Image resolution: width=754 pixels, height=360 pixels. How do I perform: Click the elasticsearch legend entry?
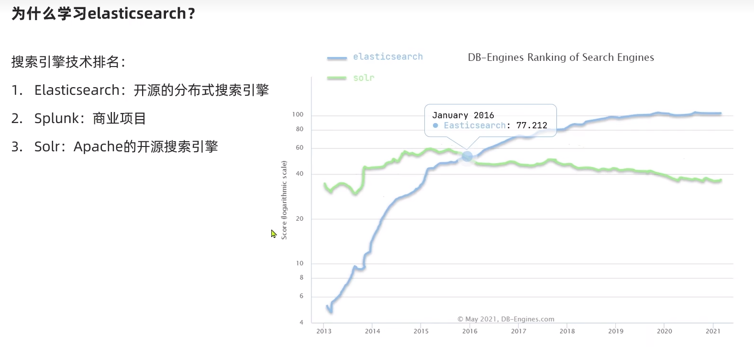click(x=375, y=57)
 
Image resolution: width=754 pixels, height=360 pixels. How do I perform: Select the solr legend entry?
click(x=350, y=78)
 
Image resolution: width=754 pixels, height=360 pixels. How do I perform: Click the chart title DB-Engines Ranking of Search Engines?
click(x=561, y=57)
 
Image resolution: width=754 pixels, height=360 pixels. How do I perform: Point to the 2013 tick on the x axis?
click(x=324, y=331)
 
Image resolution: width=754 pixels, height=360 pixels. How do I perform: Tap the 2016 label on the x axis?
click(x=469, y=331)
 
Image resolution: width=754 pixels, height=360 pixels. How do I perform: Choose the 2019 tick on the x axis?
click(x=616, y=331)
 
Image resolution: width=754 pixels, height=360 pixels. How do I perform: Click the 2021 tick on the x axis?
click(x=713, y=331)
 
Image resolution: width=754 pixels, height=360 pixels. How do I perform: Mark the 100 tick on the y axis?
click(x=298, y=114)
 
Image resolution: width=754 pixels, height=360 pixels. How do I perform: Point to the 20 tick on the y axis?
click(x=299, y=219)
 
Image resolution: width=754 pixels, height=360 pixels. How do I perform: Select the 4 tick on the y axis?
click(x=301, y=322)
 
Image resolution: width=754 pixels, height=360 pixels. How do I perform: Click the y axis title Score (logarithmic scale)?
click(x=284, y=200)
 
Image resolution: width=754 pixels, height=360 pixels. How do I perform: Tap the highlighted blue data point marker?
click(x=467, y=156)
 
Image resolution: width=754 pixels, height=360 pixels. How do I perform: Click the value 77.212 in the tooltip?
click(x=532, y=125)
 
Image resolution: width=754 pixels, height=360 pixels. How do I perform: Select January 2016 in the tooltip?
click(x=463, y=115)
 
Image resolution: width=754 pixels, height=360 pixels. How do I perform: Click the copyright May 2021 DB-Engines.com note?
click(x=506, y=319)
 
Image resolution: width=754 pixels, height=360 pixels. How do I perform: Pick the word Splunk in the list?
click(x=56, y=119)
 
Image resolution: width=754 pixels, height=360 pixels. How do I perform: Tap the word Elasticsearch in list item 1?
click(x=77, y=90)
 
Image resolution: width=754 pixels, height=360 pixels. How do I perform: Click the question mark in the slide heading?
click(x=191, y=14)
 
